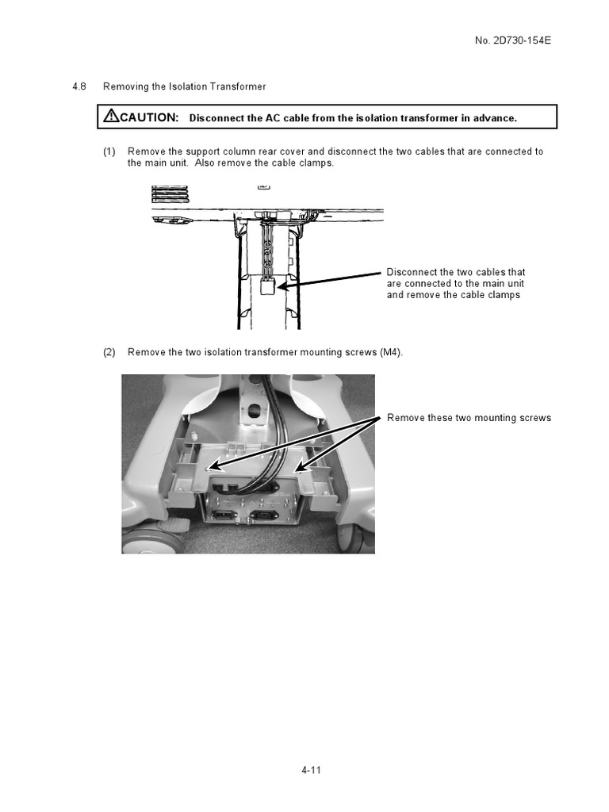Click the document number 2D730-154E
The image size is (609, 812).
click(x=519, y=40)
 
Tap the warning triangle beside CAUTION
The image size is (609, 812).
click(x=111, y=117)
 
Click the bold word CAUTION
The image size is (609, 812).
click(x=149, y=117)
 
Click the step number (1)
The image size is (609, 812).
click(x=109, y=151)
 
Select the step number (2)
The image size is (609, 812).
click(x=109, y=352)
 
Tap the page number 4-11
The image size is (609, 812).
click(x=311, y=770)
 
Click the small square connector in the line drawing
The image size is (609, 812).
click(x=268, y=288)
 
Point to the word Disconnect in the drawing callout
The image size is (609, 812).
click(x=411, y=272)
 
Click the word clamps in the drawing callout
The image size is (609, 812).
click(x=504, y=295)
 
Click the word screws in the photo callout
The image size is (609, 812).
click(x=535, y=418)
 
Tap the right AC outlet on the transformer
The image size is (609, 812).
click(x=264, y=518)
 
